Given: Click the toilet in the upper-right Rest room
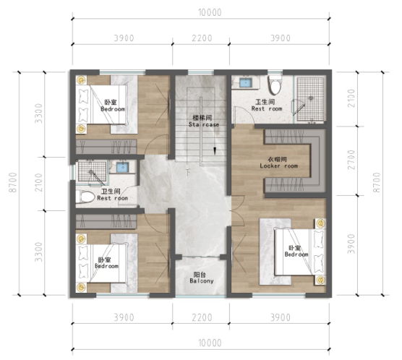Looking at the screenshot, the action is pyautogui.click(x=275, y=85).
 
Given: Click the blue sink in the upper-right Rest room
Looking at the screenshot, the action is pyautogui.click(x=246, y=83).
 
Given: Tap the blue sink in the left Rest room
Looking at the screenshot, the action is pyautogui.click(x=122, y=167).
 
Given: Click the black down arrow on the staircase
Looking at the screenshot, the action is pyautogui.click(x=215, y=151).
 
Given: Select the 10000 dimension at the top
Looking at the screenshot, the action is pyautogui.click(x=210, y=12).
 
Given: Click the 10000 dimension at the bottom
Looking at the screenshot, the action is pyautogui.click(x=210, y=343).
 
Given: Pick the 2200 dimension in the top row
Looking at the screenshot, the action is pyautogui.click(x=202, y=38).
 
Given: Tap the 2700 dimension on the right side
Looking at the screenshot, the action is pyautogui.click(x=351, y=160).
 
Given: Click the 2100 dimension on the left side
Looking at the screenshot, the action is pyautogui.click(x=38, y=182).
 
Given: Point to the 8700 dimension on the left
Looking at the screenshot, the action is pyautogui.click(x=13, y=182).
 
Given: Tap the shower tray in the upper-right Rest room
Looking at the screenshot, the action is pyautogui.click(x=310, y=99).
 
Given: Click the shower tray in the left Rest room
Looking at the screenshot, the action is pyautogui.click(x=92, y=171).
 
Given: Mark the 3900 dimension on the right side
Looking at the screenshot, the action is pyautogui.click(x=351, y=244).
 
